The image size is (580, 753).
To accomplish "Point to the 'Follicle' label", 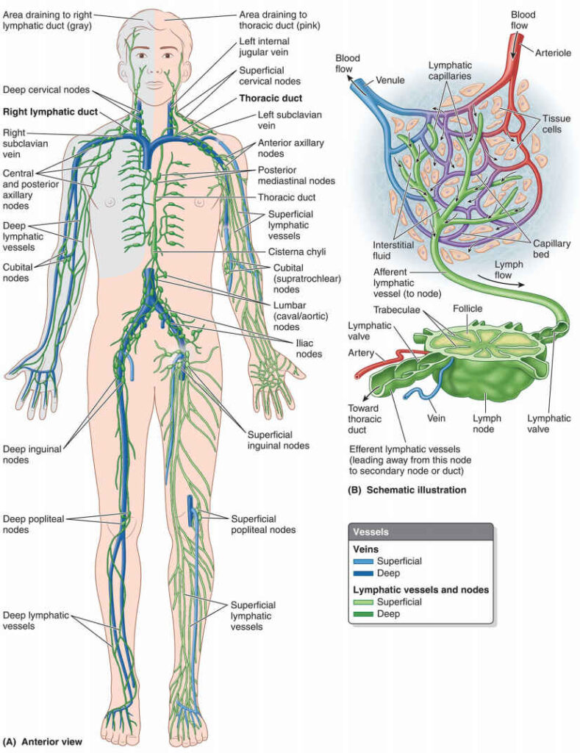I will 468,309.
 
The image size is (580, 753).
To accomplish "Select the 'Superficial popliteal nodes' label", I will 263,524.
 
